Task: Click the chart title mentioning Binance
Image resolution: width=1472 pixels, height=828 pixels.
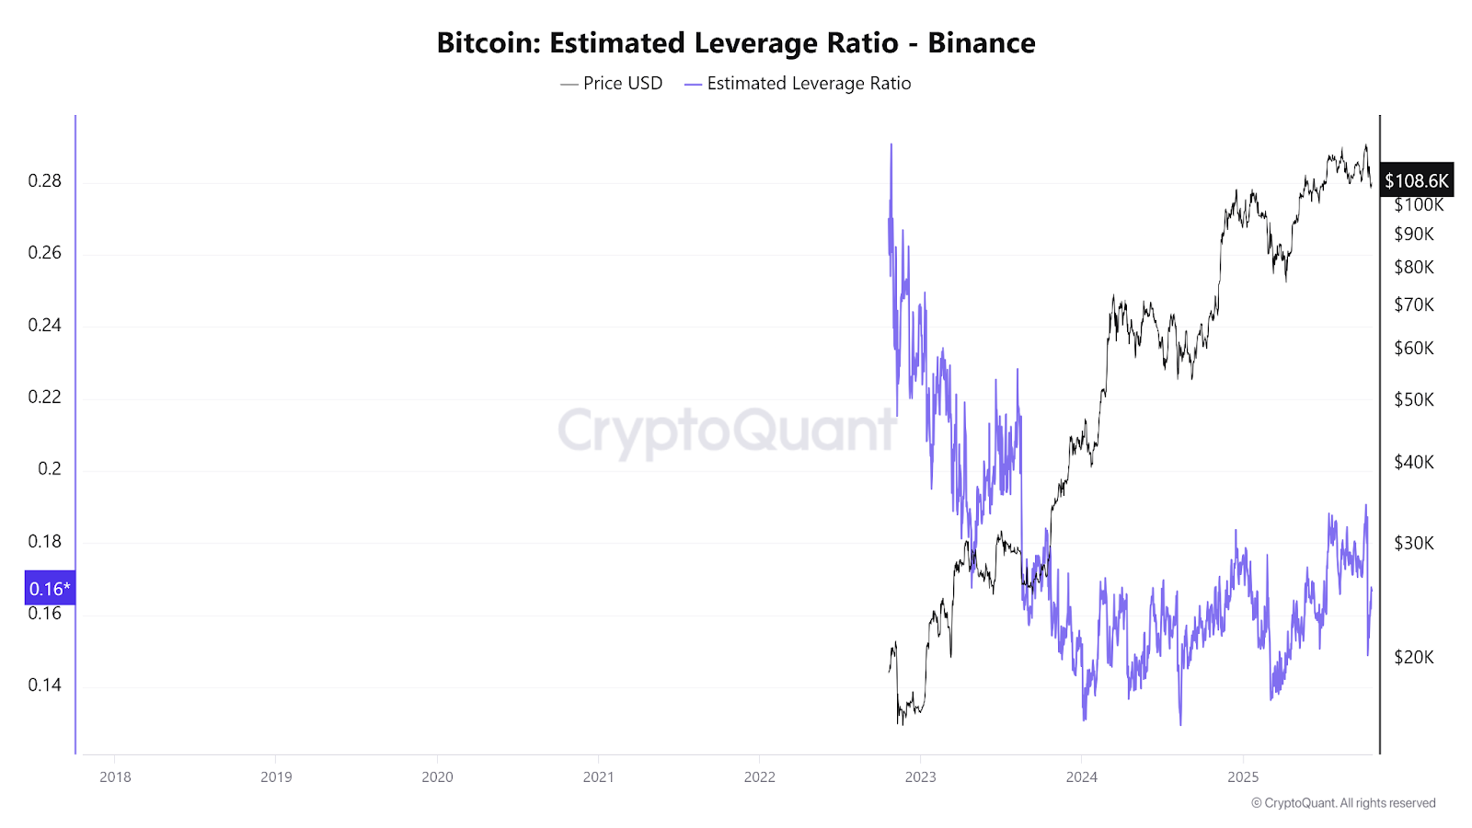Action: pos(736,43)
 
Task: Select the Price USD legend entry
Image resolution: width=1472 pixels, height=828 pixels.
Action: pos(612,84)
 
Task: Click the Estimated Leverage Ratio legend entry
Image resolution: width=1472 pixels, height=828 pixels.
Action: pos(798,84)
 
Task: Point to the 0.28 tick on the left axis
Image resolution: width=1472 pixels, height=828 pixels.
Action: pos(44,181)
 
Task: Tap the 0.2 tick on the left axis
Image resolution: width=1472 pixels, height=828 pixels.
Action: pos(50,469)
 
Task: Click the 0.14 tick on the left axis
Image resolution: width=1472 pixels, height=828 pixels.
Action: pos(44,685)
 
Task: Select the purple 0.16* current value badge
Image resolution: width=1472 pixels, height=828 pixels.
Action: pos(50,589)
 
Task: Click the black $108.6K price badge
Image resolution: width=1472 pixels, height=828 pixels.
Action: pos(1417,181)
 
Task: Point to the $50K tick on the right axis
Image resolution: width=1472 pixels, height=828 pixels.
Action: pos(1414,400)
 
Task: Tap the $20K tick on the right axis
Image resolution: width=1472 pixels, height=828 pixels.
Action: pos(1414,658)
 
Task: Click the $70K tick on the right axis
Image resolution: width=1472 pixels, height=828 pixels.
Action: pos(1414,305)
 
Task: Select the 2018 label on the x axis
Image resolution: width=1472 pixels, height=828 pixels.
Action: pos(115,777)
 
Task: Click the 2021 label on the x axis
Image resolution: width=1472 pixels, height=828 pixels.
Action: pos(598,777)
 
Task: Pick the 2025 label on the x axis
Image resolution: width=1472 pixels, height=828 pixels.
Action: pos(1243,777)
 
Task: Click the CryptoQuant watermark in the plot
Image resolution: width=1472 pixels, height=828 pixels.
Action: pos(727,431)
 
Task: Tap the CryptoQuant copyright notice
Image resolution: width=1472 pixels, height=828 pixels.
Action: pos(1343,803)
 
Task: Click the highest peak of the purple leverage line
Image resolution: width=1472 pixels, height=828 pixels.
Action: pos(891,145)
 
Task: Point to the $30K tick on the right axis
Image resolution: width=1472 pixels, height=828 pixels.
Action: pos(1414,544)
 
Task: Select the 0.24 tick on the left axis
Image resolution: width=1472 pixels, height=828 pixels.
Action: pos(44,326)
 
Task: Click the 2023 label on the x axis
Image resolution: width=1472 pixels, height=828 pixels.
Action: pos(920,777)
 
